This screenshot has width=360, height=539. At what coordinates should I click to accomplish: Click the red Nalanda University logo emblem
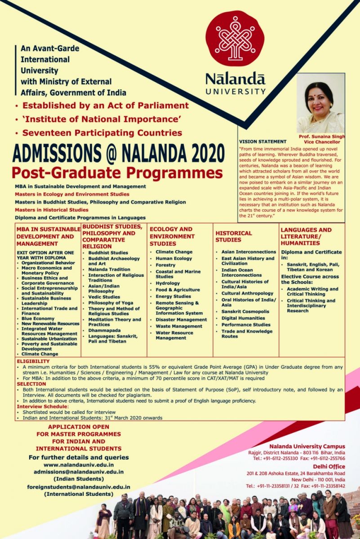tap(235, 39)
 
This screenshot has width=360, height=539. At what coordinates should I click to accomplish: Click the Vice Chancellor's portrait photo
tap(320, 103)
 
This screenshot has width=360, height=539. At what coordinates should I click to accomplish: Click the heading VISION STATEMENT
tap(262, 141)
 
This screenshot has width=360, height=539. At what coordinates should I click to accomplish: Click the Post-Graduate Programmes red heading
tap(117, 173)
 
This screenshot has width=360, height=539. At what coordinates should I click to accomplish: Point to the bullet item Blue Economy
tap(38, 318)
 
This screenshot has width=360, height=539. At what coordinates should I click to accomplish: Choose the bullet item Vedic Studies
tap(104, 297)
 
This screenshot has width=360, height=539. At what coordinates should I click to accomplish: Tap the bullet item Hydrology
tap(168, 283)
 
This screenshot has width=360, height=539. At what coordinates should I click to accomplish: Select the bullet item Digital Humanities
tap(243, 318)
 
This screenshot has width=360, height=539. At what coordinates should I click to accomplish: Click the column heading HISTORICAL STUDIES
tap(234, 236)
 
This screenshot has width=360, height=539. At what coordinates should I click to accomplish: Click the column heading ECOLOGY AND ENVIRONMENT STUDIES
tap(172, 236)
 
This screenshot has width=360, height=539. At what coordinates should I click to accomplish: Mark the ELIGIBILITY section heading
tap(33, 361)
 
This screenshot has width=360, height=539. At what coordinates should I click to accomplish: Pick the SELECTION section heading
tap(31, 384)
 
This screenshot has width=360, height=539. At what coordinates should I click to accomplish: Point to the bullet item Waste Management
tap(179, 326)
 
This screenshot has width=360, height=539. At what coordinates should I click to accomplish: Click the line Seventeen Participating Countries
tap(102, 133)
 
